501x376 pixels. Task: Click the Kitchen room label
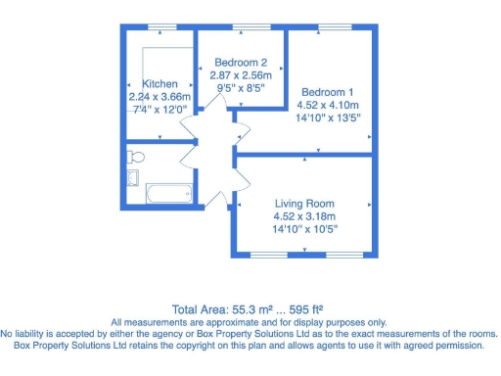159,84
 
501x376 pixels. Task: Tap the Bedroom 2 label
240,63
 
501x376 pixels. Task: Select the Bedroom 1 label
329,83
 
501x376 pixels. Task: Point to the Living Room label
302,204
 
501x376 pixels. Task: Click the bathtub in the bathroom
171,192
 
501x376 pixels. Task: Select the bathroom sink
134,178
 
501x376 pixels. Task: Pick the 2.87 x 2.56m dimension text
241,74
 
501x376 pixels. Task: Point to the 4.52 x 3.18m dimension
302,216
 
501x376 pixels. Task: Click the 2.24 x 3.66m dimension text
159,97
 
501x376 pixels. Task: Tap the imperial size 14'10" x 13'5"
329,116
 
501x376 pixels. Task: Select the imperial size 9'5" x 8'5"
241,86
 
